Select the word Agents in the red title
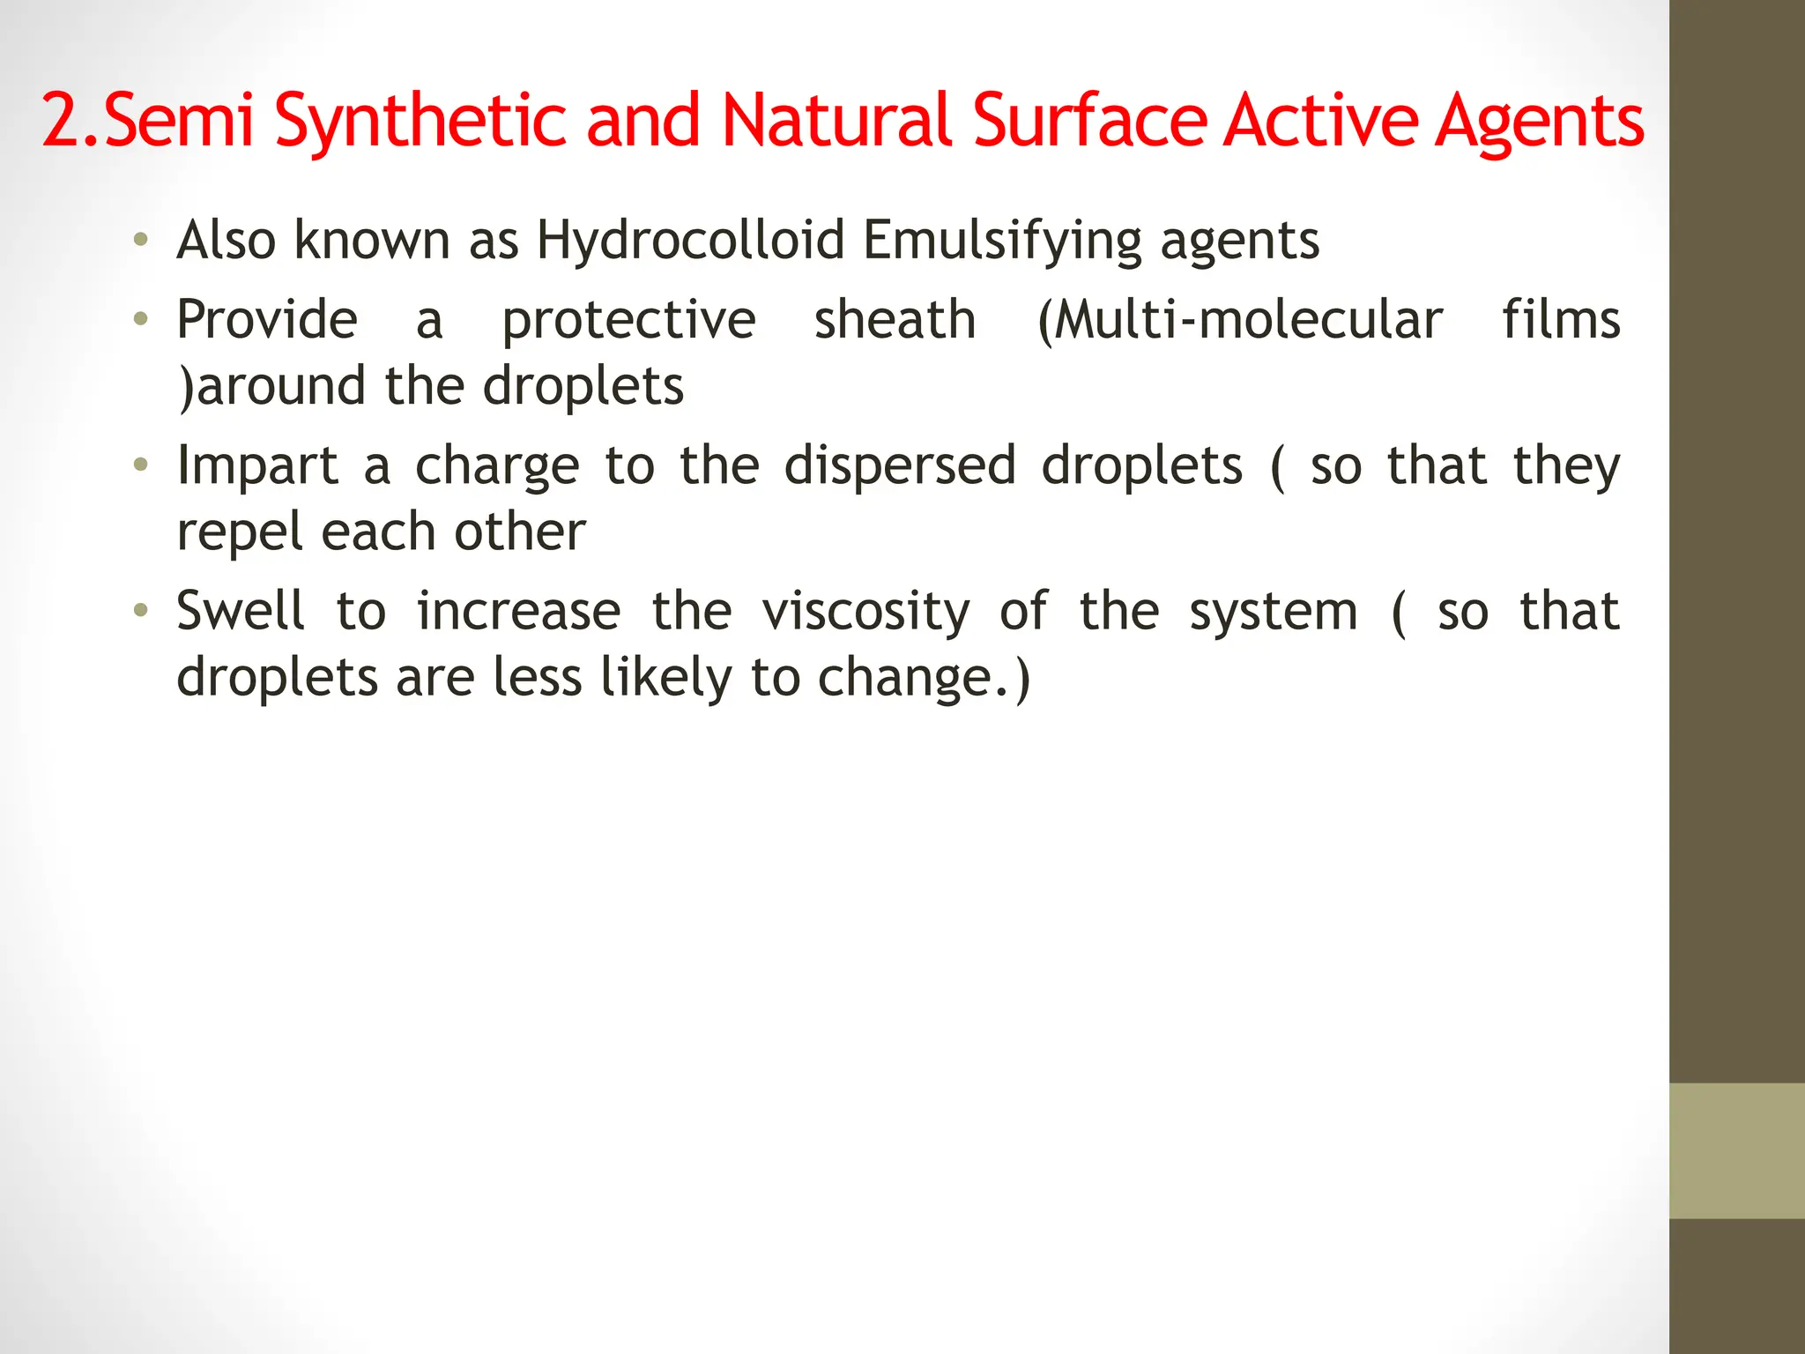[1539, 123]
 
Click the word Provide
[267, 319]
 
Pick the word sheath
[895, 319]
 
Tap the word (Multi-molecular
[1240, 319]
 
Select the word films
[1561, 319]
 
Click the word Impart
[257, 466]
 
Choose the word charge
[497, 466]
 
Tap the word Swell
[241, 611]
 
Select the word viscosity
[865, 613]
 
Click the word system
[1274, 613]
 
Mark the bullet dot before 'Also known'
[140, 240]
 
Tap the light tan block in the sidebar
[1736, 1150]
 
